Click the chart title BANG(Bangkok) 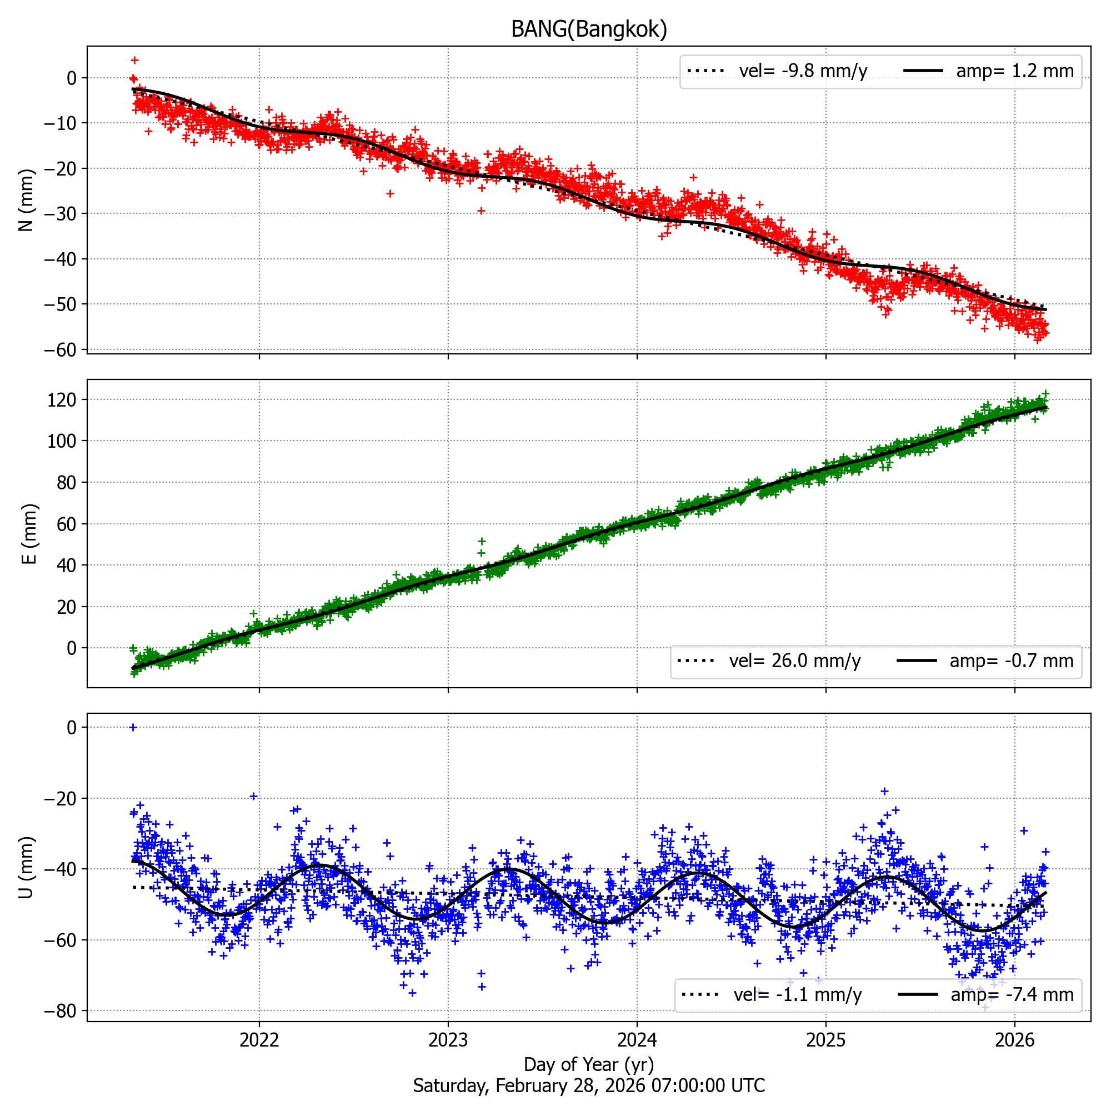(x=589, y=29)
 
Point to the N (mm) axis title (x=27, y=200)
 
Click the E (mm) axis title (x=29, y=534)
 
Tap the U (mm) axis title (x=27, y=867)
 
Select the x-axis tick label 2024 (x=637, y=1040)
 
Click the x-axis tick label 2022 (x=259, y=1040)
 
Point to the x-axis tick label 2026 (x=1014, y=1040)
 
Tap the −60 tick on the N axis (x=60, y=349)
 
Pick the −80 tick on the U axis (x=60, y=1011)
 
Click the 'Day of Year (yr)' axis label (x=589, y=1064)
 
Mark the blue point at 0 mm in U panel (x=133, y=728)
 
